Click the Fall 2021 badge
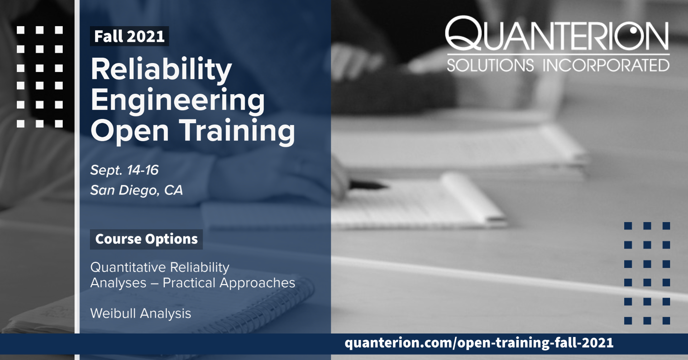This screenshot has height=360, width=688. (x=129, y=36)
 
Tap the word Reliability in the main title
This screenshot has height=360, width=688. (x=162, y=69)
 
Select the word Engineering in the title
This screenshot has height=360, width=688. (x=178, y=101)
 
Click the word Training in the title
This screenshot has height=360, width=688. (x=237, y=131)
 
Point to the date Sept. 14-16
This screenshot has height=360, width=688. (x=124, y=170)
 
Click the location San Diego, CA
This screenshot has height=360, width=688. (x=137, y=190)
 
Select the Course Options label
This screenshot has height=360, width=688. (x=146, y=239)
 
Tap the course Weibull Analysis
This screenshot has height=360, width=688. (x=141, y=313)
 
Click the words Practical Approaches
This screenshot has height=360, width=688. (x=229, y=283)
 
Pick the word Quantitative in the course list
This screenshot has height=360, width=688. (x=128, y=267)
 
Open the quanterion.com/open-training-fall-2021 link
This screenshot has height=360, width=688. (x=479, y=343)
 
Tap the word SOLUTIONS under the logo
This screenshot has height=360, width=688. (x=490, y=65)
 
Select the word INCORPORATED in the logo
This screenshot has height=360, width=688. (x=606, y=65)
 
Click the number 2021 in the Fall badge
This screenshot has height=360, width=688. (x=145, y=37)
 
